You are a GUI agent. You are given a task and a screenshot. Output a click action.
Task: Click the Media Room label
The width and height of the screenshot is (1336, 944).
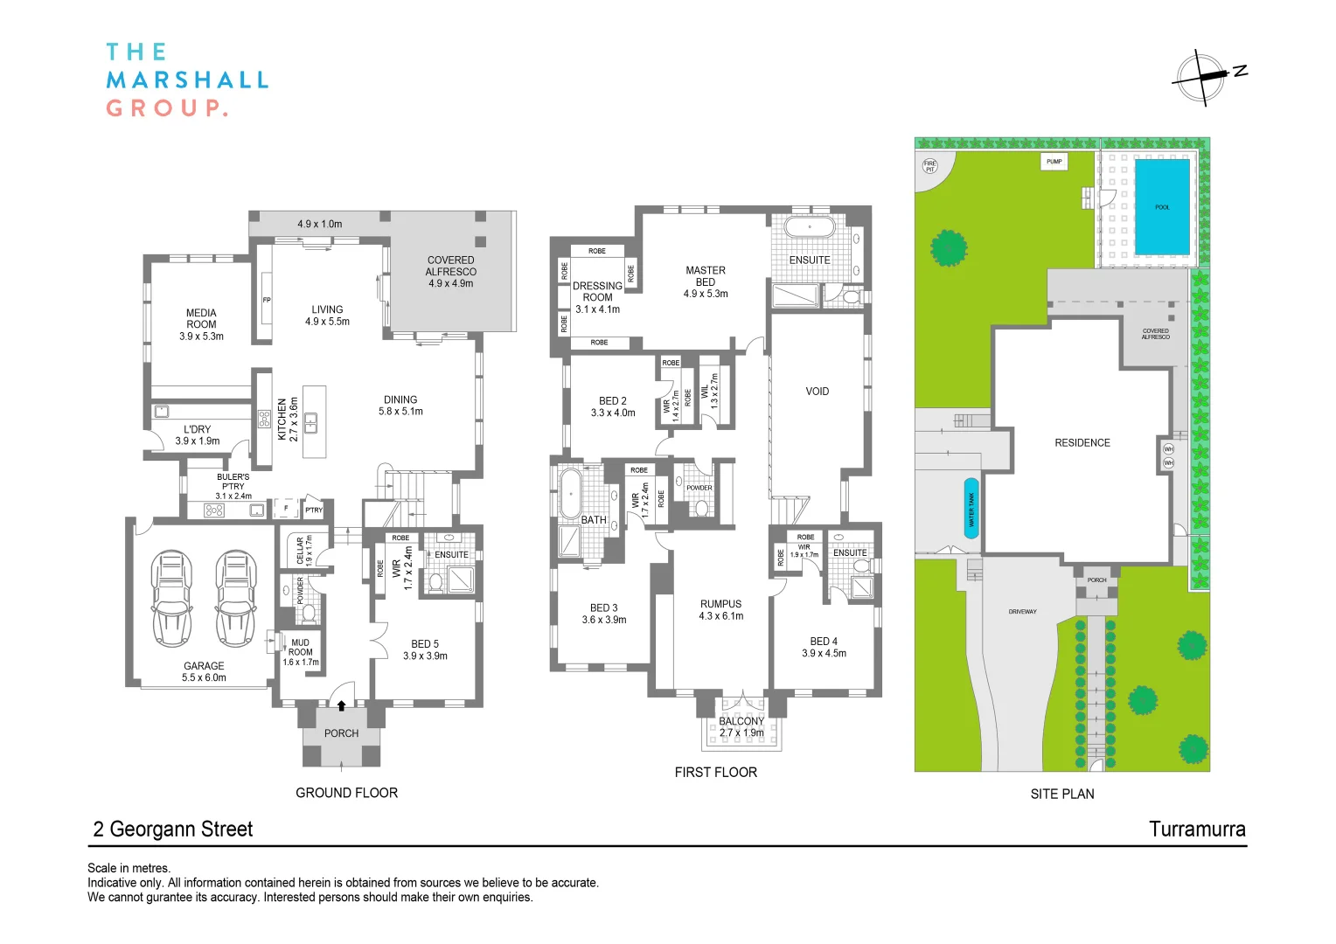tap(201, 324)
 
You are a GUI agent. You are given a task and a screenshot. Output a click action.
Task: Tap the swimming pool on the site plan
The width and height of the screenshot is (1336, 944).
tap(1162, 207)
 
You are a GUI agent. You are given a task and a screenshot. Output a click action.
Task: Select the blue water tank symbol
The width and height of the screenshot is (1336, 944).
tap(971, 508)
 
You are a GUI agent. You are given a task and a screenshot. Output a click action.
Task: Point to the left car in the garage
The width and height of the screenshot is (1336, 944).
tap(171, 598)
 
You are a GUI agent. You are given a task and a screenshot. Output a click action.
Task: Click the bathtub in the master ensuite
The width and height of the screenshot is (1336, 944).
tap(810, 228)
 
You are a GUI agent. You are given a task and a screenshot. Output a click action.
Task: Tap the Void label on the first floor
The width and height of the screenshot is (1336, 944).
tap(817, 392)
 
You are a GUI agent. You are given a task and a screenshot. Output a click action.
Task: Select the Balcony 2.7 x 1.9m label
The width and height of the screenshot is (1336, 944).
tap(741, 727)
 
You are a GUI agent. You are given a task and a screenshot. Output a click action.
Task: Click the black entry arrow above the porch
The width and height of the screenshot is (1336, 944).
tap(341, 705)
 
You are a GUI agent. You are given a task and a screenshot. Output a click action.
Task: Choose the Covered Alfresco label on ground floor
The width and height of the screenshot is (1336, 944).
tap(451, 272)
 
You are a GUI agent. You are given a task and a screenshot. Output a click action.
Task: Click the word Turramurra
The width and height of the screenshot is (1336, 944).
tap(1197, 829)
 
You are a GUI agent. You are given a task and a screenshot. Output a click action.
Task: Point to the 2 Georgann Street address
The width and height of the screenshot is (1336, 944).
tap(173, 829)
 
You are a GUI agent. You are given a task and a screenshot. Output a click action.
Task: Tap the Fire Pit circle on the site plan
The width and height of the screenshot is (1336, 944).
tap(929, 166)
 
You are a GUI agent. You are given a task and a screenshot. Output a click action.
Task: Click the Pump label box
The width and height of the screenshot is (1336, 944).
tap(1054, 162)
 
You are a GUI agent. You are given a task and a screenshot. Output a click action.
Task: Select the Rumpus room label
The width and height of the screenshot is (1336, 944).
tap(720, 610)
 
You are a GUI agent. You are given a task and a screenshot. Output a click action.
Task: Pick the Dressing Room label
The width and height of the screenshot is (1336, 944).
tap(597, 297)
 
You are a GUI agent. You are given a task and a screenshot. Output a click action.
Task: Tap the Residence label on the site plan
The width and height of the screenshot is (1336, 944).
tap(1082, 443)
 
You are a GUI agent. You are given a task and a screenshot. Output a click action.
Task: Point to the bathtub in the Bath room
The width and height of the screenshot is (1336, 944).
tap(570, 494)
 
